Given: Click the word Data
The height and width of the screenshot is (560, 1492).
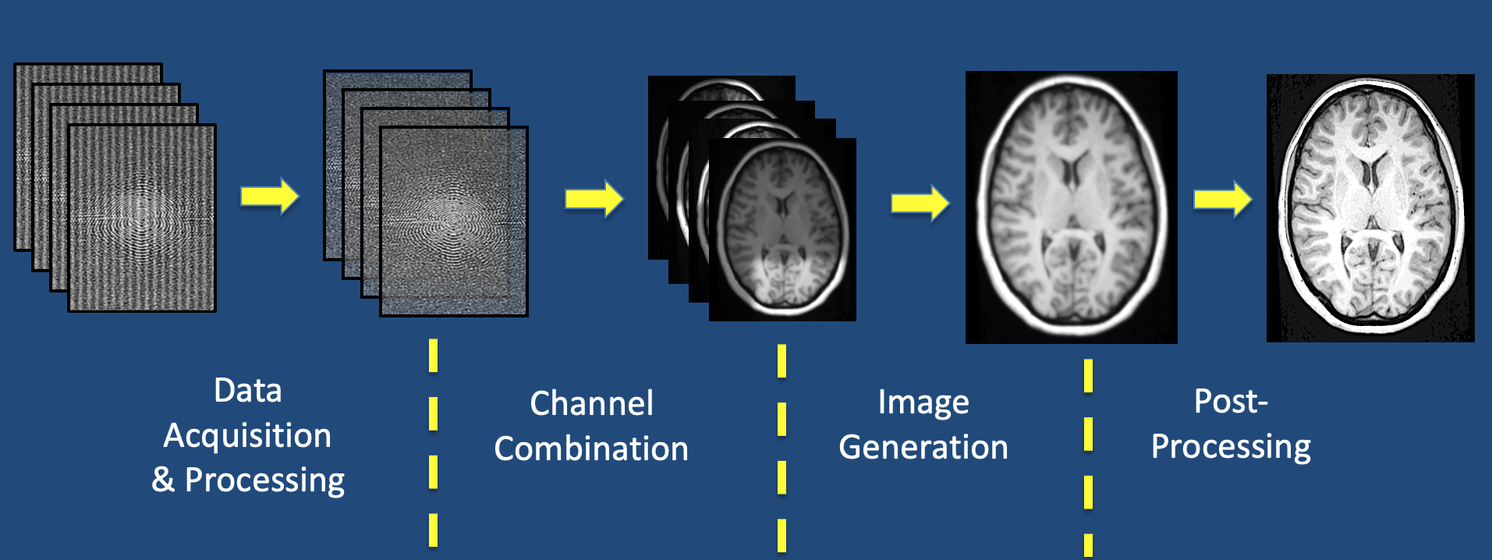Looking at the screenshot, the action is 248,390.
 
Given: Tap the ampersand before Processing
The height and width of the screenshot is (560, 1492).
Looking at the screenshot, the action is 163,479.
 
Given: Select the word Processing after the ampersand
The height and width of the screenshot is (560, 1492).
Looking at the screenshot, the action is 264,481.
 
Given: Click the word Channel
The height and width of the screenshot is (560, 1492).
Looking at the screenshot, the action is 591,403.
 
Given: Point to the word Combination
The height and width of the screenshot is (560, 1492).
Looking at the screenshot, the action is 591,448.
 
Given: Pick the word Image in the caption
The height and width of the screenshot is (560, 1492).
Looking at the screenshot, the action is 923,403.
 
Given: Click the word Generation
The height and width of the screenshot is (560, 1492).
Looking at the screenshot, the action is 923,447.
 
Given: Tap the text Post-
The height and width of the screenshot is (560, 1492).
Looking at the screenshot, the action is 1231,401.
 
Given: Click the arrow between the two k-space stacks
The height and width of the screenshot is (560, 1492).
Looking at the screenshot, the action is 270,196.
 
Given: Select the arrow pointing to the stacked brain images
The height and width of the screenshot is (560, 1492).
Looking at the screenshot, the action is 594,199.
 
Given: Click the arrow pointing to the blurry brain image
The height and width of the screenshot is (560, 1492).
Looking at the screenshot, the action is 920,203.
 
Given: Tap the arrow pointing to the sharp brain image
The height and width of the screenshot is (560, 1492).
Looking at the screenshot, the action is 1223,199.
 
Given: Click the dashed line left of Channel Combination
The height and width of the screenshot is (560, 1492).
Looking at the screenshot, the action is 433,442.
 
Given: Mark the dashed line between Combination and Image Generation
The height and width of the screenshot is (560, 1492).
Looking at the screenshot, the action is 781,448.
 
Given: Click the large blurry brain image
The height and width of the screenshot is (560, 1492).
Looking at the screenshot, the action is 1072,207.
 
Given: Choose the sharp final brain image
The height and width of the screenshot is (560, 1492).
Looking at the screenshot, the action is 1370,208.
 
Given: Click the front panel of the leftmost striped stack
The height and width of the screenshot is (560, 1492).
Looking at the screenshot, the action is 142,218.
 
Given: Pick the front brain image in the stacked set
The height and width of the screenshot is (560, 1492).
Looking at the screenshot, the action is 782,229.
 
